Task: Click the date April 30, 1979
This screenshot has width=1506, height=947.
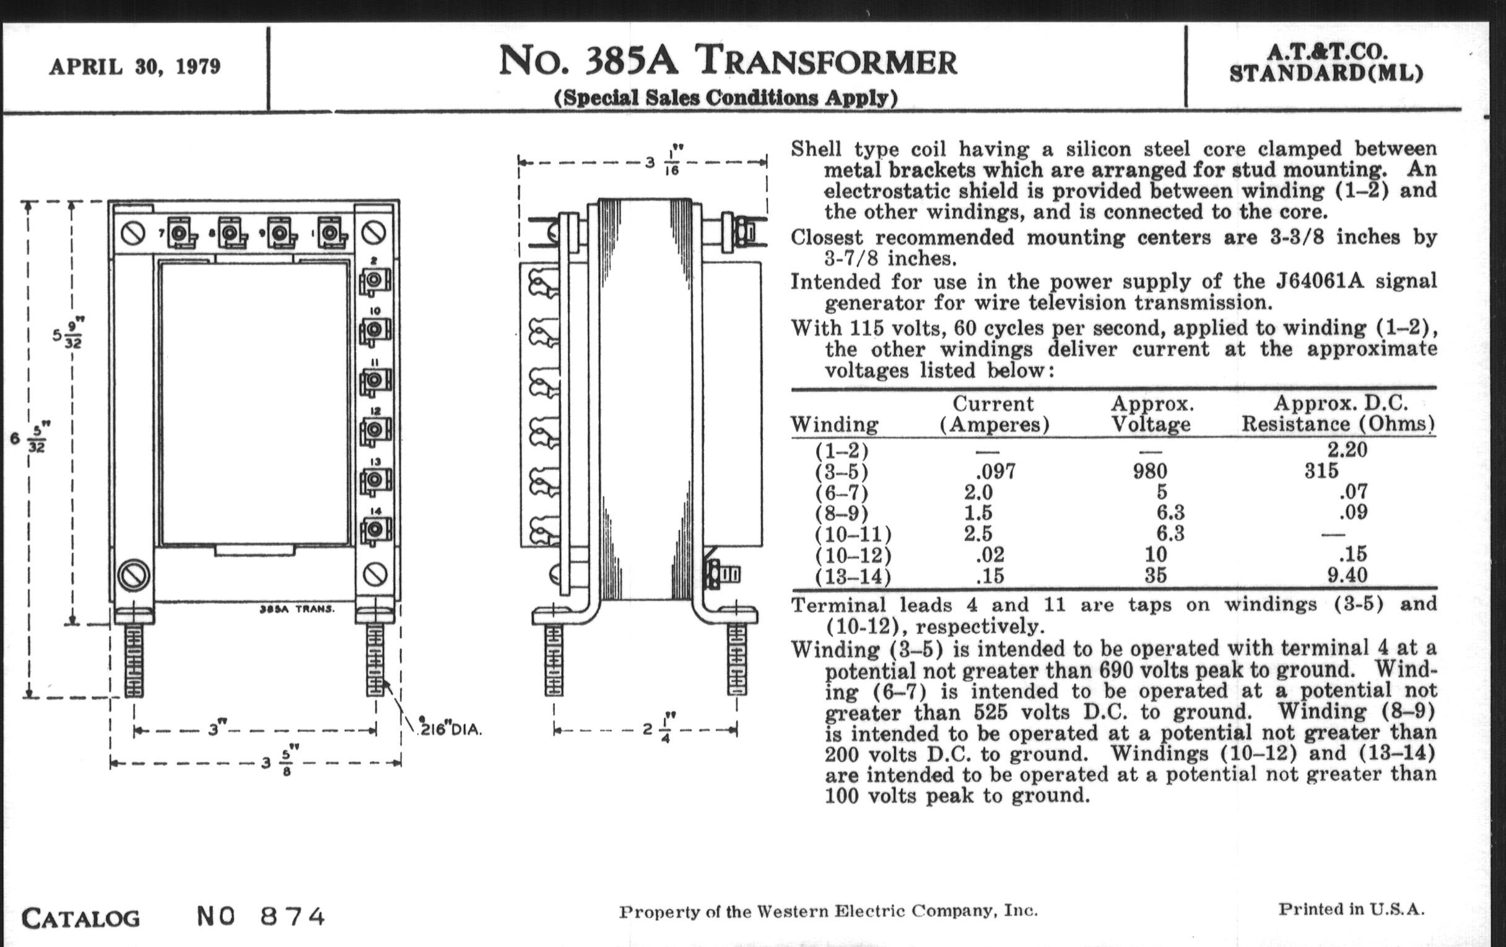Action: (134, 67)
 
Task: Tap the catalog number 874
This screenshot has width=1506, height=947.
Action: (292, 917)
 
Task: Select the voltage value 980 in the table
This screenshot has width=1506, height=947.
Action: (1149, 470)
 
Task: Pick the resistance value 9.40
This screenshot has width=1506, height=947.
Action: (1347, 574)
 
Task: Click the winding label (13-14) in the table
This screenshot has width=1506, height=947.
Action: (853, 576)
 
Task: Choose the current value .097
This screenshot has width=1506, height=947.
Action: (996, 470)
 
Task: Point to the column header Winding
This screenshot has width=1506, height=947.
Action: (834, 425)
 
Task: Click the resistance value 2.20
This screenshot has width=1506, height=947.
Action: (1347, 449)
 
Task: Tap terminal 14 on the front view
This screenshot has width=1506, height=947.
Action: (375, 530)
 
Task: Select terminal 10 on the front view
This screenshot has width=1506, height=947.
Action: (375, 329)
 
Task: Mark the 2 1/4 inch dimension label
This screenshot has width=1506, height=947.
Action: (655, 730)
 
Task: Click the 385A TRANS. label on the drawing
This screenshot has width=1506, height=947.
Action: (297, 609)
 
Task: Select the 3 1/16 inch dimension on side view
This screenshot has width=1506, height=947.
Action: (662, 163)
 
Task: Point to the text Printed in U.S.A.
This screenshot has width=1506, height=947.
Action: (1351, 909)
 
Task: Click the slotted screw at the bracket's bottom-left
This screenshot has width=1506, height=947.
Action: (133, 575)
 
